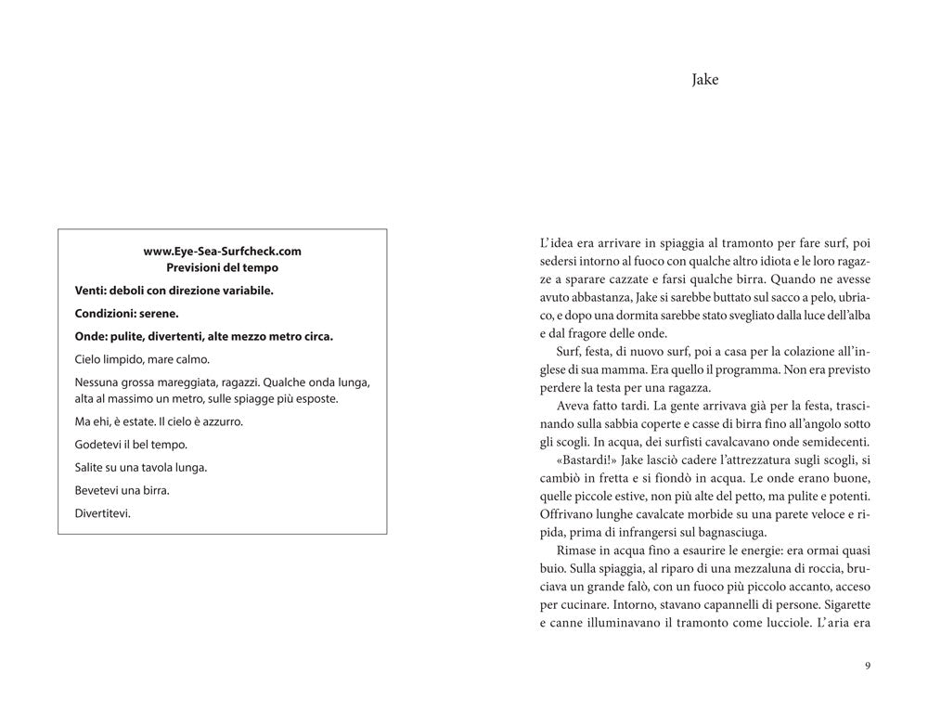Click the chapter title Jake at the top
705,80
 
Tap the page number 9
867,665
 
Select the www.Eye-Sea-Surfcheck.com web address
223,251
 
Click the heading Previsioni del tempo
223,267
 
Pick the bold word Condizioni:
108,314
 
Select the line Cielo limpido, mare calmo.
142,359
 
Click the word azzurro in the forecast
222,421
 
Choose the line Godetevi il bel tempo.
131,444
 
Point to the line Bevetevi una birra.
122,489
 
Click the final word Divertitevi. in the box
102,511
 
